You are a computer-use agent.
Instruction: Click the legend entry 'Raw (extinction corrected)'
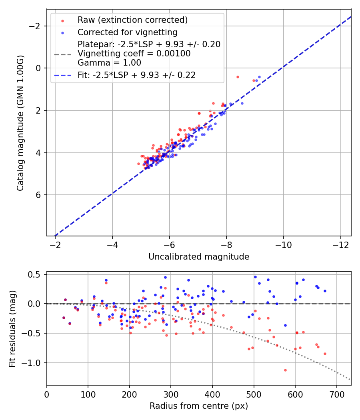[x=132, y=20]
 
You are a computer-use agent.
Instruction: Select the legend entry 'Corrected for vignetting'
[x=127, y=32]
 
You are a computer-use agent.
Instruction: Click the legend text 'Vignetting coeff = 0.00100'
[x=134, y=54]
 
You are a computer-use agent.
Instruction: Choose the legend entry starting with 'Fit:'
[x=136, y=75]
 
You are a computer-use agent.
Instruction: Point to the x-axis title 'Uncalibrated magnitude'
[x=199, y=257]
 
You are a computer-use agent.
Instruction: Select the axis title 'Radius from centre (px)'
[x=199, y=406]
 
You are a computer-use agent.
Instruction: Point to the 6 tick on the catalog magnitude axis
[x=38, y=195]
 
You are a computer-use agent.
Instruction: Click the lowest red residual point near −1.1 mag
[x=285, y=370]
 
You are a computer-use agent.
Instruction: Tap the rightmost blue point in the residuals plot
[x=325, y=291]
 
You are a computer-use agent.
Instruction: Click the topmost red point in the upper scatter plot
[x=238, y=77]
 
